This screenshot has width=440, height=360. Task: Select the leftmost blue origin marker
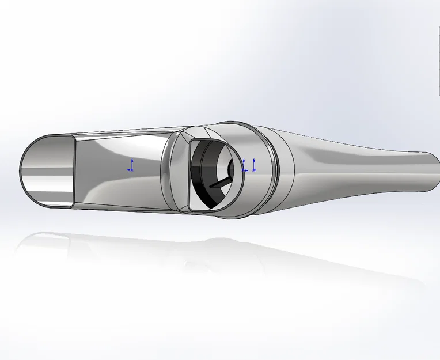pos(131,166)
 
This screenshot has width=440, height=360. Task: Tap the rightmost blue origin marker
pos(253,166)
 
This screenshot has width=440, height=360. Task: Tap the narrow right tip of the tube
pos(433,171)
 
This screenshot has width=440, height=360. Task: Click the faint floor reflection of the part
pos(173,253)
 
